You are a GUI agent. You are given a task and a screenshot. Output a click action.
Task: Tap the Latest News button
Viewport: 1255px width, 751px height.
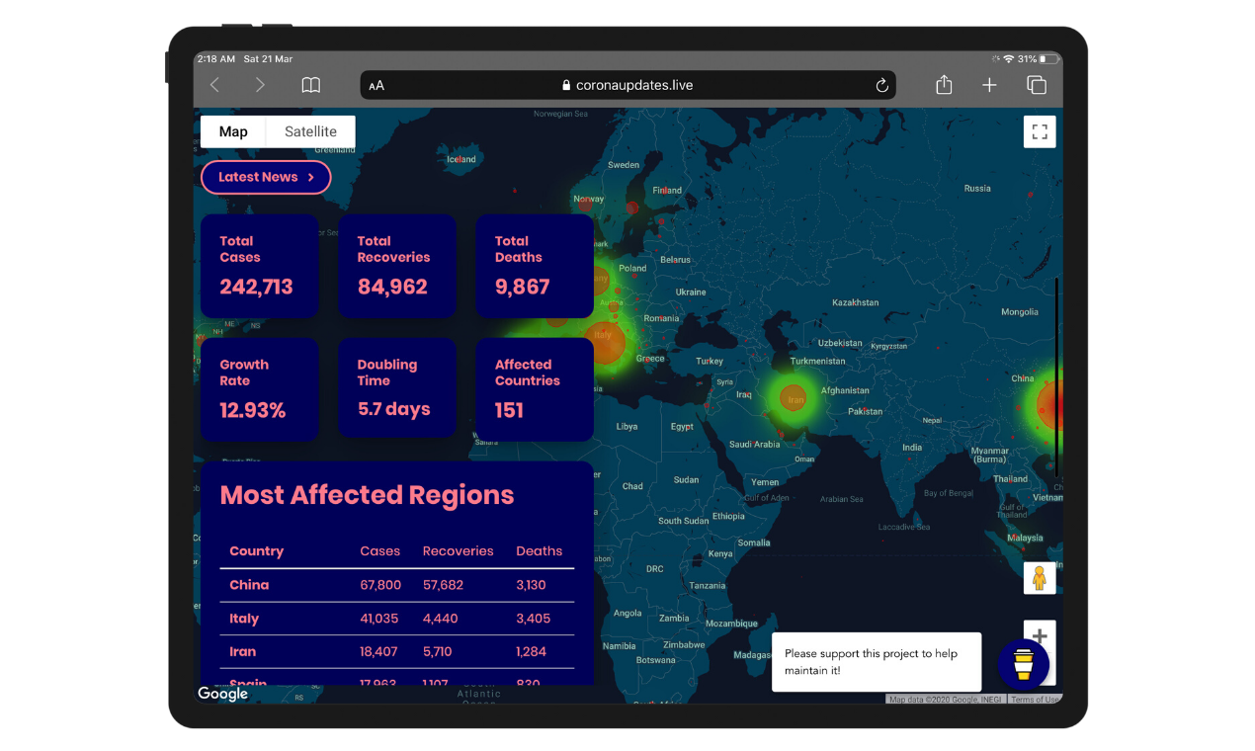tap(265, 177)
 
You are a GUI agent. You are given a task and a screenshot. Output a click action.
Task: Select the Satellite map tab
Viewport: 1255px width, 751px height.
tap(310, 131)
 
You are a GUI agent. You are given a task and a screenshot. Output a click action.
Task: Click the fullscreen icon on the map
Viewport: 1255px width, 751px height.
tap(1040, 131)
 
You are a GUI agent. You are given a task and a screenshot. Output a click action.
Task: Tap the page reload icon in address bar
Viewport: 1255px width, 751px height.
tap(882, 85)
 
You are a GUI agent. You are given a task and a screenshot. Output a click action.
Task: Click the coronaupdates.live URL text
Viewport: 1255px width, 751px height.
tap(634, 85)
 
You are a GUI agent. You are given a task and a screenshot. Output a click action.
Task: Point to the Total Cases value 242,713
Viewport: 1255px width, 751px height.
tap(256, 287)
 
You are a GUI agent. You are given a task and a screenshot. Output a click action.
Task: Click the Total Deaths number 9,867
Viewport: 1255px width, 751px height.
tap(522, 287)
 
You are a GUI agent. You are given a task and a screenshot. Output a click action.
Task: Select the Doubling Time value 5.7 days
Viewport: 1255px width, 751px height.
tap(393, 409)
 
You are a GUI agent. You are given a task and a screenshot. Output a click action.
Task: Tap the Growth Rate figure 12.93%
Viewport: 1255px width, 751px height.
tap(252, 410)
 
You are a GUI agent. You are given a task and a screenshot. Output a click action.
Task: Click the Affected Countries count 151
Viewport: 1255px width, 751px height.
tap(509, 410)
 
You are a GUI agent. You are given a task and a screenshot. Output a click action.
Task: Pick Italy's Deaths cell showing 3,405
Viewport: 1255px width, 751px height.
tap(533, 619)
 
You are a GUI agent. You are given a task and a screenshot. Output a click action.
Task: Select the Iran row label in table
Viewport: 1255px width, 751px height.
tap(243, 652)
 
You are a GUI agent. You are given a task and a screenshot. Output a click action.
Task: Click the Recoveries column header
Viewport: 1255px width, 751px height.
tap(458, 551)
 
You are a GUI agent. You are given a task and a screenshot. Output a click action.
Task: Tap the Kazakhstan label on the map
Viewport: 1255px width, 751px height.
tap(855, 302)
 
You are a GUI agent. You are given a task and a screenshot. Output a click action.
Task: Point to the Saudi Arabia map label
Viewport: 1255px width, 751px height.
tap(754, 445)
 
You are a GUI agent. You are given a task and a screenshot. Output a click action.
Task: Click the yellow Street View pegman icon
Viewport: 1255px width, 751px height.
tap(1039, 578)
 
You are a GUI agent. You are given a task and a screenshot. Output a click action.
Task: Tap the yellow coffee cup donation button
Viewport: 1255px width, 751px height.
tap(1023, 663)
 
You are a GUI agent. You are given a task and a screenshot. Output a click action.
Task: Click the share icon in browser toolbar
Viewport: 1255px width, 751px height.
tap(944, 85)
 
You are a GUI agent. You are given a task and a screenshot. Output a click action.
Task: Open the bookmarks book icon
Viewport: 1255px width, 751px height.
tap(311, 85)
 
